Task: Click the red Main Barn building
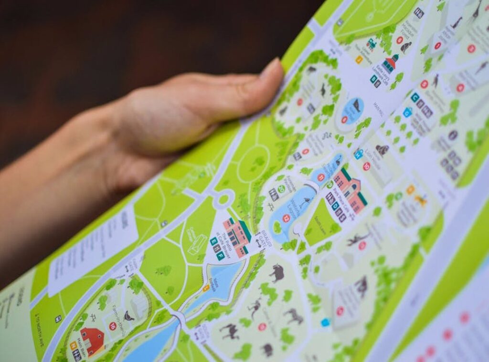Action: coord(92,339)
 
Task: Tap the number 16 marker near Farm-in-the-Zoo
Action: coord(113,326)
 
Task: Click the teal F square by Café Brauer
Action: coord(220,256)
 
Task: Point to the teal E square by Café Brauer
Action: coord(213,242)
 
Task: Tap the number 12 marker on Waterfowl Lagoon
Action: coord(286,218)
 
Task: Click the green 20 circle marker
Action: coord(281,189)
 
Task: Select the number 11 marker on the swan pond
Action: coord(321,177)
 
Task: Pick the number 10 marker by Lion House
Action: coord(366,166)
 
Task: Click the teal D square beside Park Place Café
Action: coord(336,206)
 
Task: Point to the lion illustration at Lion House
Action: coord(382,150)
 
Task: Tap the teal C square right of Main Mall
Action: coord(415,97)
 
